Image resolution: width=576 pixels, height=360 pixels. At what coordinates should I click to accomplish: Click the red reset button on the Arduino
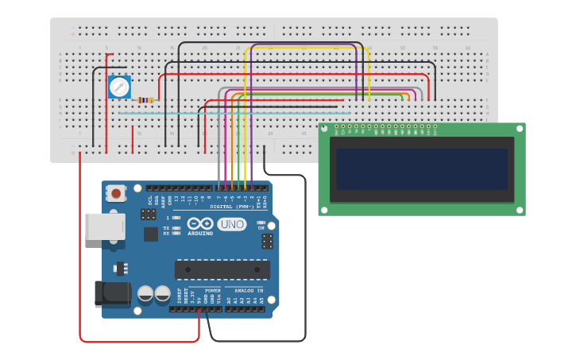[x=117, y=193]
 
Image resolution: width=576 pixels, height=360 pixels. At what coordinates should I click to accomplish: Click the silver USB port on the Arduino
[x=104, y=226]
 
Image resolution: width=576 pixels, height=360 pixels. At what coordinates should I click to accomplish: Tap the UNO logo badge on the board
[x=231, y=224]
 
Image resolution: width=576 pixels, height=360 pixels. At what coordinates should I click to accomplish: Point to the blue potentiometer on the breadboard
[x=119, y=87]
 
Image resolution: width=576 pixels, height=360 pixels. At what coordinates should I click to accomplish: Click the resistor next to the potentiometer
[x=145, y=100]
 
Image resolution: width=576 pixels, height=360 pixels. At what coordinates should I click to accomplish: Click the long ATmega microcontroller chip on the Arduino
[x=222, y=269]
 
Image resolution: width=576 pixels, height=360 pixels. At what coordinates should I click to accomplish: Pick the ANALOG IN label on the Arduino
[x=244, y=291]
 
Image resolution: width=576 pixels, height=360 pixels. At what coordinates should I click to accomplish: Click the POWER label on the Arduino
[x=212, y=291]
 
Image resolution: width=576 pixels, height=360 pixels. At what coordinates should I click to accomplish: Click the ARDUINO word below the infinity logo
[x=200, y=234]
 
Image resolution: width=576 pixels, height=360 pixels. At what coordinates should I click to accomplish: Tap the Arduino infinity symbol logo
[x=200, y=223]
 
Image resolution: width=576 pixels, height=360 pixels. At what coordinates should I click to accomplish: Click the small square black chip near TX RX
[x=150, y=234]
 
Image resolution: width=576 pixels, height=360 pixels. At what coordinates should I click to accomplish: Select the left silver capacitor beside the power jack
[x=145, y=293]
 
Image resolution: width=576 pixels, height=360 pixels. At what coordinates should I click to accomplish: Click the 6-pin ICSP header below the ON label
[x=267, y=241]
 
